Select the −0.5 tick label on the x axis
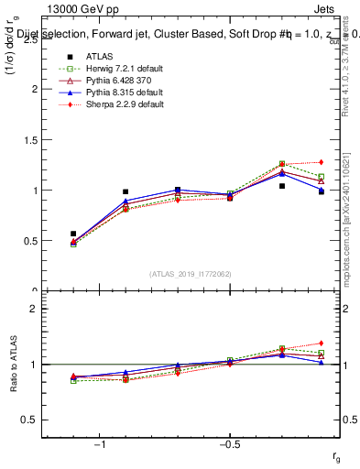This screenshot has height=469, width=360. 228,444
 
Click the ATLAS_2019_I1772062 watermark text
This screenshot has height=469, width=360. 190,274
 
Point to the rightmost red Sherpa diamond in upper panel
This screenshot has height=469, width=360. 322,162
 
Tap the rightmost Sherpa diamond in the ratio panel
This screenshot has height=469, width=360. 322,344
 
